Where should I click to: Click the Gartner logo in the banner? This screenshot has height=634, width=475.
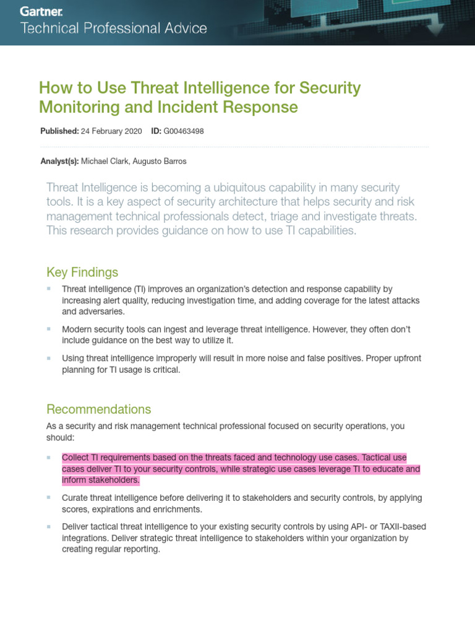coord(42,11)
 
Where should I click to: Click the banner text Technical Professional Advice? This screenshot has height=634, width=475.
coord(114,28)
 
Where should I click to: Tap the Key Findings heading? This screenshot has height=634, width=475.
coord(82,272)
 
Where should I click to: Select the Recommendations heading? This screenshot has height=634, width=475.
coord(98,409)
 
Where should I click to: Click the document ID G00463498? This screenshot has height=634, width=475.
coord(184,131)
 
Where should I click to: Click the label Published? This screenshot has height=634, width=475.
coord(59,131)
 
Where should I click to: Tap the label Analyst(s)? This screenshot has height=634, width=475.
coord(59,161)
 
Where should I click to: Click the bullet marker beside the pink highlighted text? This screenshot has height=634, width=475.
coord(49,458)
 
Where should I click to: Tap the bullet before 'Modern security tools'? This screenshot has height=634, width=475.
coord(49,329)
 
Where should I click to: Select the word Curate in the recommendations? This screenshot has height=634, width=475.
coord(75,498)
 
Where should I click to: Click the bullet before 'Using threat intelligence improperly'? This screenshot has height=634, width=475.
coord(49,358)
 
